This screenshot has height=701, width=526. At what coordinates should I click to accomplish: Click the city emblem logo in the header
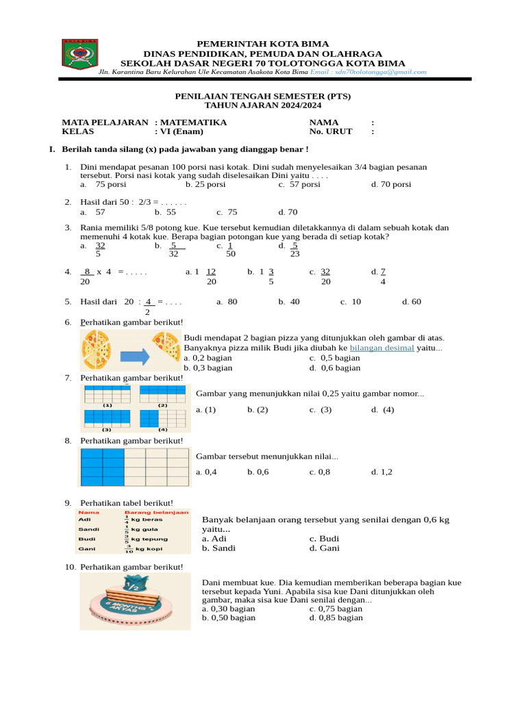(x=80, y=54)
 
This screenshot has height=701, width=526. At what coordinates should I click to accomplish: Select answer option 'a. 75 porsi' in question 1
(x=103, y=184)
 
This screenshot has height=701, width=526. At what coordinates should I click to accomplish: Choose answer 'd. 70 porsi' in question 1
(x=391, y=184)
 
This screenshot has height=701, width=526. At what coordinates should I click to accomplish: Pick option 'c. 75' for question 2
(x=227, y=212)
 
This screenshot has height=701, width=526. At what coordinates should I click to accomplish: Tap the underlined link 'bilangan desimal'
(x=382, y=348)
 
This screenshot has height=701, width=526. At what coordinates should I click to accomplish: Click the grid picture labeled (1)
(x=107, y=394)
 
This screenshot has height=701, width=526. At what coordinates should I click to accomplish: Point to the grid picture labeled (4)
(x=162, y=418)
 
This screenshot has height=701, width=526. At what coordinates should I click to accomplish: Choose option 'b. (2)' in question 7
(x=258, y=409)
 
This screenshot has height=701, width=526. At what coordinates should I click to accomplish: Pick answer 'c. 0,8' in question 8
(x=319, y=472)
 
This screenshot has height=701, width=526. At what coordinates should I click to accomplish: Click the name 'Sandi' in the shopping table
(x=89, y=529)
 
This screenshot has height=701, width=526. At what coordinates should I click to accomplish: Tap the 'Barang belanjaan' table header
(x=156, y=512)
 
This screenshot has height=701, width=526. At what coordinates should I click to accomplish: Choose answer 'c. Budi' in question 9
(x=324, y=538)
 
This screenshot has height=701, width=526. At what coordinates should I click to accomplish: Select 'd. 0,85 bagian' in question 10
(x=336, y=617)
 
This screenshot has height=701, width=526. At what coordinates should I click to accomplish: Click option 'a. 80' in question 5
(x=227, y=301)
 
